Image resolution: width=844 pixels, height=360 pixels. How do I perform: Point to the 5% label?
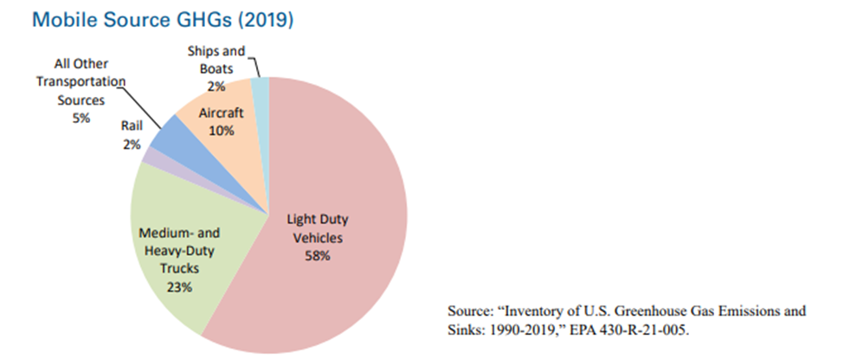81,118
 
